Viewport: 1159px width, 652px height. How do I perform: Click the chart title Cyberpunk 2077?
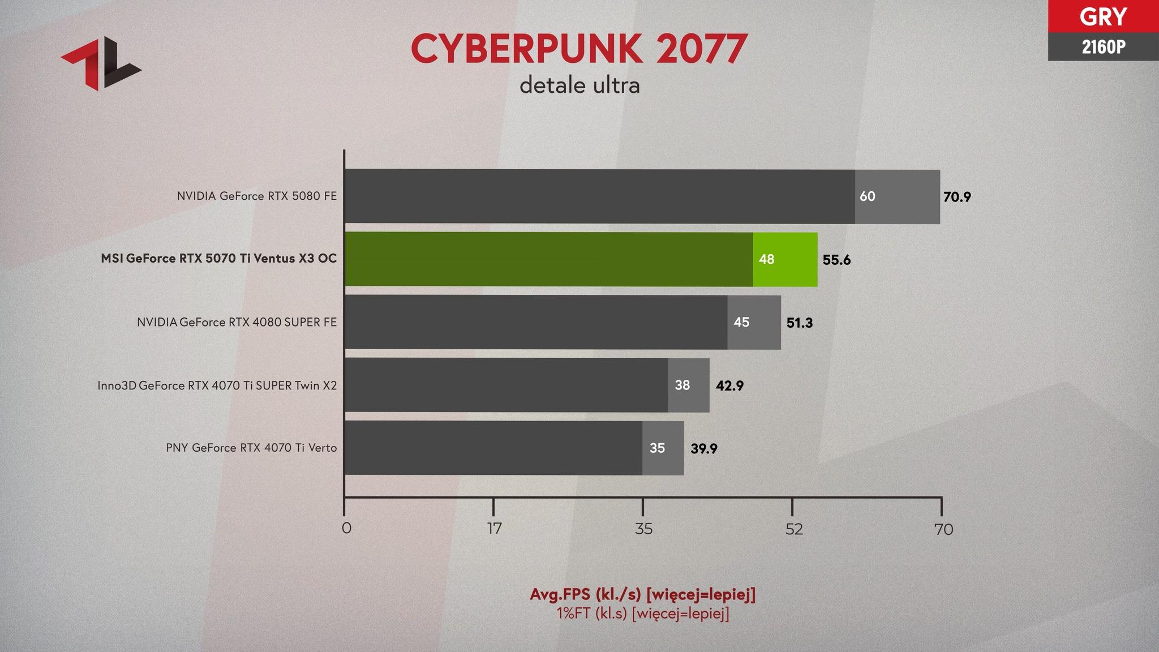[579, 49]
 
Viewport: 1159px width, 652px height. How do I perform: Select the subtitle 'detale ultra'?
[579, 85]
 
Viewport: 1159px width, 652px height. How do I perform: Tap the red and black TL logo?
[101, 63]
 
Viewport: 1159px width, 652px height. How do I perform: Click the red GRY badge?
[1102, 16]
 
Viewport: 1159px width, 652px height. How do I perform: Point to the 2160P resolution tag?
[1102, 47]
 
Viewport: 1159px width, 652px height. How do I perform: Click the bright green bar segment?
[785, 259]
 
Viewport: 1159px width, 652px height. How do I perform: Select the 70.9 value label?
[957, 197]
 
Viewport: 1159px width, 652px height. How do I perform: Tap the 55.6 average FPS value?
[836, 260]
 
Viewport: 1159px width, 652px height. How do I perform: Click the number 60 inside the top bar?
[867, 196]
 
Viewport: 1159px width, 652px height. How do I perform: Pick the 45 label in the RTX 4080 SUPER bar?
[741, 322]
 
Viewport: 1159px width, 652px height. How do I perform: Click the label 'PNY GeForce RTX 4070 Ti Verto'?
[251, 448]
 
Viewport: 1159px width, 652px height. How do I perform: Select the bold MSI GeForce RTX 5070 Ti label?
[218, 259]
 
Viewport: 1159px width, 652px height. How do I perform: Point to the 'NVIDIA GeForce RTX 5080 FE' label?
[256, 196]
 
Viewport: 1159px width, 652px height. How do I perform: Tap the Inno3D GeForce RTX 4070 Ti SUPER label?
[217, 385]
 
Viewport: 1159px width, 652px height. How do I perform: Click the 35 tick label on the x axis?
[643, 529]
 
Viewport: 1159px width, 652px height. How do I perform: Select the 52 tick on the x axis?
[794, 529]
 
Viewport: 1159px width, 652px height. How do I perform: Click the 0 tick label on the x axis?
[346, 529]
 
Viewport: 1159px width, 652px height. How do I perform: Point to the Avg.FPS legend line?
[642, 594]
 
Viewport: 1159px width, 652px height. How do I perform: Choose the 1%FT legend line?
[642, 614]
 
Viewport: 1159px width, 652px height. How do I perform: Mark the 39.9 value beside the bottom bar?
[703, 449]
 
